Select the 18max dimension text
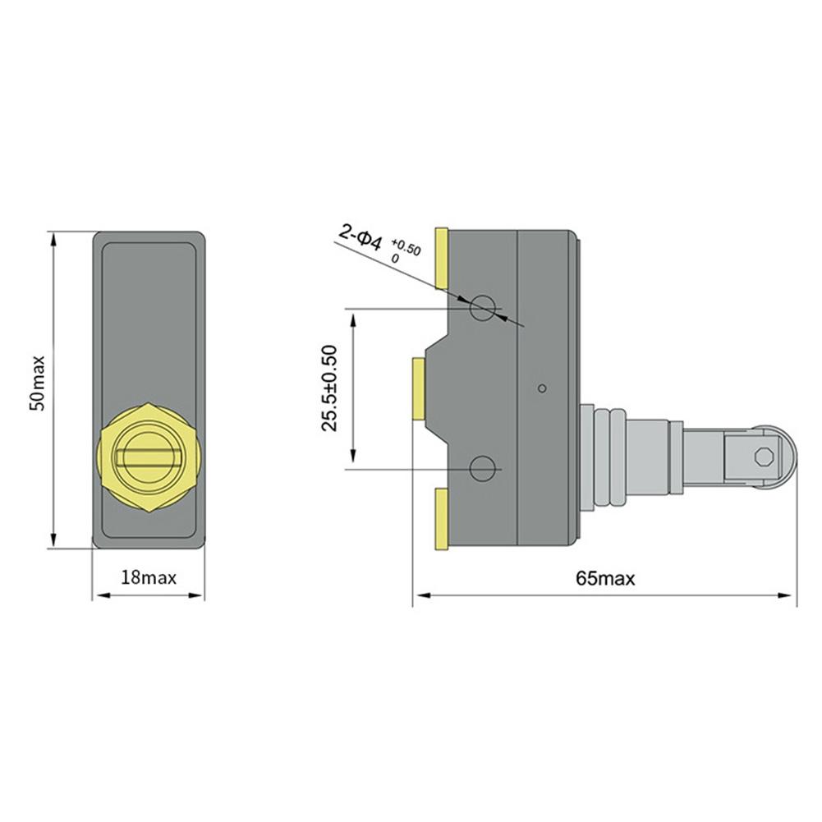pyautogui.click(x=149, y=577)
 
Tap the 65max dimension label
pyautogui.click(x=605, y=578)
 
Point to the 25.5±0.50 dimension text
pyautogui.click(x=330, y=388)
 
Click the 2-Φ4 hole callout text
pyautogui.click(x=360, y=238)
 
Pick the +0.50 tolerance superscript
pyautogui.click(x=406, y=246)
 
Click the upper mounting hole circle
pyautogui.click(x=482, y=309)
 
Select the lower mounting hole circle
pyautogui.click(x=482, y=469)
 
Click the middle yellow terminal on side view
pyautogui.click(x=418, y=388)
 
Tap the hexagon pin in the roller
pyautogui.click(x=765, y=455)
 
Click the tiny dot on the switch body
pyautogui.click(x=540, y=388)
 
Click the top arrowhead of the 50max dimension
pyautogui.click(x=54, y=238)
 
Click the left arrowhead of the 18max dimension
pyautogui.click(x=96, y=595)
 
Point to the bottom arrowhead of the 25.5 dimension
pyautogui.click(x=353, y=462)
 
